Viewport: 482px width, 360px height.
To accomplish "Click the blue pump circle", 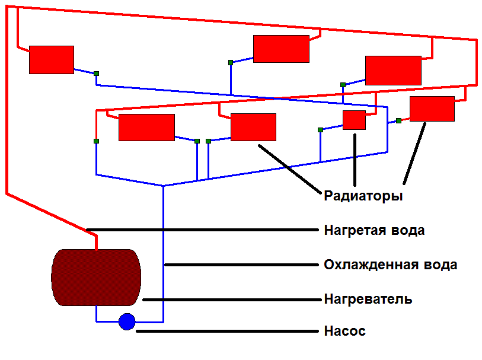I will pos(127,321).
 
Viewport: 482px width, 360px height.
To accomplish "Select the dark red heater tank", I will pos(96,277).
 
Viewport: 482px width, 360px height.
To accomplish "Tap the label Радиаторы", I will pos(363,196).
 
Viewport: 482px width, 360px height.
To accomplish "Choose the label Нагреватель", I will pos(368,299).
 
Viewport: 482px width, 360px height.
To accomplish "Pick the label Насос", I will pos(344,331).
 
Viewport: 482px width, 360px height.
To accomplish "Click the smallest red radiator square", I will pos(354,120).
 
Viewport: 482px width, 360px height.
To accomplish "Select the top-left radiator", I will pos(52,59).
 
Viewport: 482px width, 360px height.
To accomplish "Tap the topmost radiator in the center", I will pos(281,49).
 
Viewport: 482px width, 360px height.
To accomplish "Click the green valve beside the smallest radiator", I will pos(320,129).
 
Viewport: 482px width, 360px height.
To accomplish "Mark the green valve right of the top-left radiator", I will pos(96,74).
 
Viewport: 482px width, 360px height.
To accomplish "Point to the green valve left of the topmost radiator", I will pos(230,62).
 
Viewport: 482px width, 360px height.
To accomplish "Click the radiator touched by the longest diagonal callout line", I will pos(253,127).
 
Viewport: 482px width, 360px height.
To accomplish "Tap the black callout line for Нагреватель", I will pos(231,300).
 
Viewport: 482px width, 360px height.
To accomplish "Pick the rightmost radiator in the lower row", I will pos(432,109).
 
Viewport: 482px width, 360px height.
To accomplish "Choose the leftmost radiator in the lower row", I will pos(146,127).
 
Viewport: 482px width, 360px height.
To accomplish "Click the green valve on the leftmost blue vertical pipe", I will pos(96,141).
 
